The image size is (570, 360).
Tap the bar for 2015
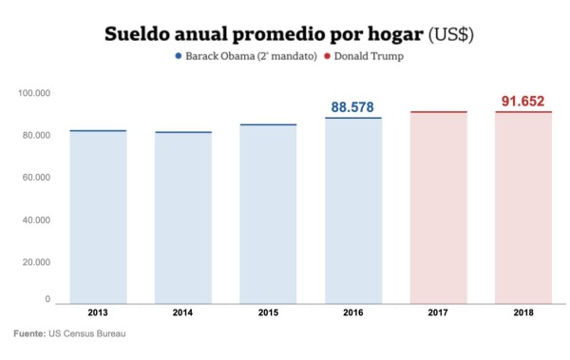pos(268,214)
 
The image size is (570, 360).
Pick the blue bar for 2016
pos(353,210)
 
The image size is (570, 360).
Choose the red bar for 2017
pos(438,207)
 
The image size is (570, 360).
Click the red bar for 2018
pos(523,207)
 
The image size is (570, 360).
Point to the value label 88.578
pos(353,107)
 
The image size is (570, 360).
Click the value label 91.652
pos(523,101)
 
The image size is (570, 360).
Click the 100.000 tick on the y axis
pos(33,93)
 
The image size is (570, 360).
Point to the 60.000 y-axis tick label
pos(35,178)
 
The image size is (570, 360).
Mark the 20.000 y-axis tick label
pos(35,262)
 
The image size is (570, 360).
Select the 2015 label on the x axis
pos(268,313)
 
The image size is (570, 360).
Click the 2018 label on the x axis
pos(523,313)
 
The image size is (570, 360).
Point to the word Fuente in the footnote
pos(29,334)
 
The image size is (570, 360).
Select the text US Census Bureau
pos(88,334)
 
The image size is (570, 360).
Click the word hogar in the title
pos(390,33)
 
